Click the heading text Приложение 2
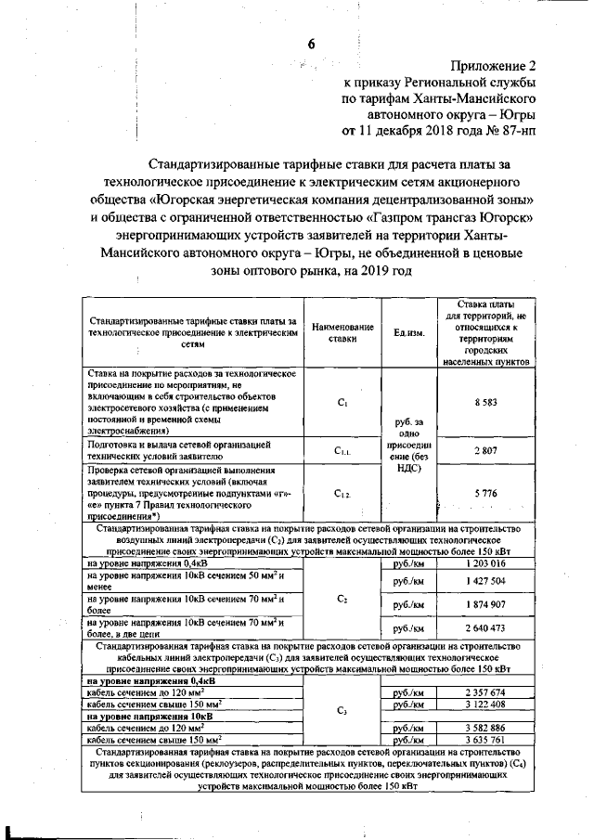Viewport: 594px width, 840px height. [x=494, y=66]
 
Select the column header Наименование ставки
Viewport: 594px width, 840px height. [x=342, y=333]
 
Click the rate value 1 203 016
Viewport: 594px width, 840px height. [x=485, y=562]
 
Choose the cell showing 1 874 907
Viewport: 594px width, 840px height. [x=485, y=604]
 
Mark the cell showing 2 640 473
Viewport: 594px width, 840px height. [x=485, y=628]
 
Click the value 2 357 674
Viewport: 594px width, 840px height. [x=485, y=692]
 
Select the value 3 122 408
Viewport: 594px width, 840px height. [x=485, y=704]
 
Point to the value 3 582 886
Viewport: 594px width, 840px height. [x=485, y=728]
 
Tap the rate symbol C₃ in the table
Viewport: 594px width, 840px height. [x=342, y=710]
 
